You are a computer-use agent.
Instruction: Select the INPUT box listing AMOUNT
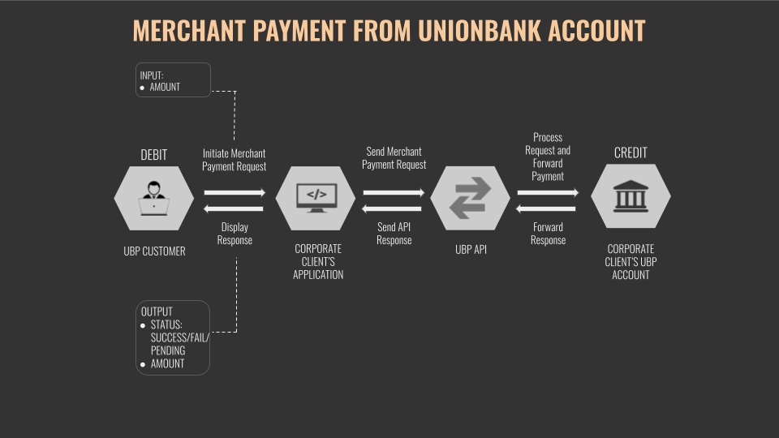(173, 80)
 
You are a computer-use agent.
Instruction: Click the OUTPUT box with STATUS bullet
(173, 337)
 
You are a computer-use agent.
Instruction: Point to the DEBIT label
(154, 154)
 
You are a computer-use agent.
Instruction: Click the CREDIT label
(631, 152)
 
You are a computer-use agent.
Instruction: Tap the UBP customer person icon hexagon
(154, 199)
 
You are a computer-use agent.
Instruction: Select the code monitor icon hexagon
(316, 199)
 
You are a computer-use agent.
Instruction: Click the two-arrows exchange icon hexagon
(471, 199)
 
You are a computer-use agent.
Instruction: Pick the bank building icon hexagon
(631, 198)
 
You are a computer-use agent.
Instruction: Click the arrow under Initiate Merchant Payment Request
(235, 193)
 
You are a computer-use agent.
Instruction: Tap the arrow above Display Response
(235, 208)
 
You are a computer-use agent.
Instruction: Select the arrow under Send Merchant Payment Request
(394, 193)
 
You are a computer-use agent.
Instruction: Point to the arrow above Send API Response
(394, 208)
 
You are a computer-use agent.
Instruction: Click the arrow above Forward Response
(547, 208)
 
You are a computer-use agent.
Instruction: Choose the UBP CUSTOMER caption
(154, 251)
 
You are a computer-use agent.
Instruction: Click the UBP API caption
(471, 249)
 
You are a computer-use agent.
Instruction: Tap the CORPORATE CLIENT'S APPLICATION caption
(318, 261)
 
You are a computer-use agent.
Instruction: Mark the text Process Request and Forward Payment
(548, 157)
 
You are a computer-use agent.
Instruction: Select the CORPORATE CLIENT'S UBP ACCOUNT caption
(631, 261)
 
